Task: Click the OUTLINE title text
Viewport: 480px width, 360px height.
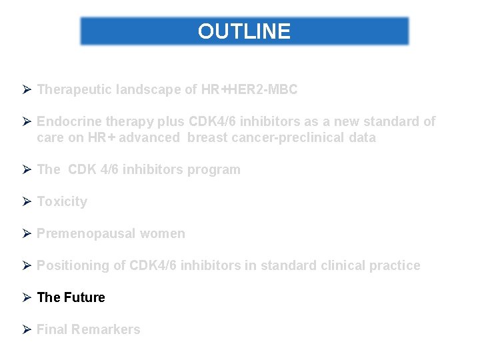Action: (244, 31)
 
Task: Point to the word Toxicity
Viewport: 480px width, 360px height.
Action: (62, 201)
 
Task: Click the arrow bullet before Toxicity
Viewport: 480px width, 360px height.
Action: (27, 201)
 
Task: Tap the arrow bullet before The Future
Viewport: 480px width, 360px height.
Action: (27, 297)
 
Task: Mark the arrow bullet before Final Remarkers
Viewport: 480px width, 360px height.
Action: (27, 329)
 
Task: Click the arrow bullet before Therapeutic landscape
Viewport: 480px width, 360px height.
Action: (27, 89)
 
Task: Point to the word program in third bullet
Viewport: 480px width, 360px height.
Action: (215, 169)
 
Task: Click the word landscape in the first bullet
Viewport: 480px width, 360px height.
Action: (147, 89)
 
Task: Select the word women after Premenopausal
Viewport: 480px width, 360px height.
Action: (163, 233)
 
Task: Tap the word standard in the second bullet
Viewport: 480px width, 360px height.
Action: (398, 121)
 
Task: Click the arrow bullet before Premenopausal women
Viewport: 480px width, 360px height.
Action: (27, 233)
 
